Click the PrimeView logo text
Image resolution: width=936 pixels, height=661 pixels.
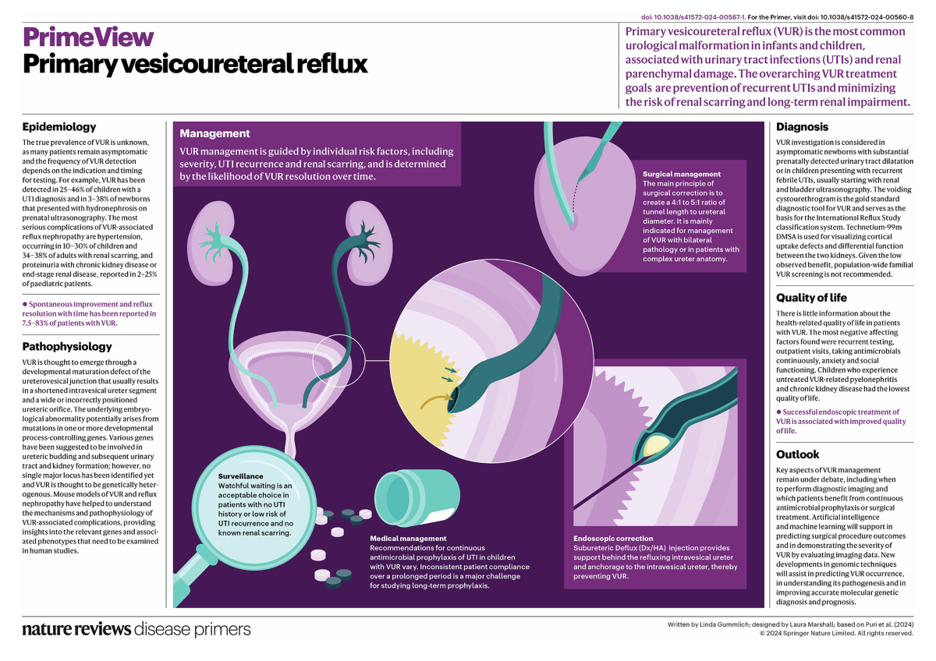tap(88, 37)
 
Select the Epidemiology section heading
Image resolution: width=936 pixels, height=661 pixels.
tap(59, 127)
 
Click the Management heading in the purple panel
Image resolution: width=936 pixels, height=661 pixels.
tap(214, 133)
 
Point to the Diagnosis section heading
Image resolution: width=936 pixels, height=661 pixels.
tap(802, 127)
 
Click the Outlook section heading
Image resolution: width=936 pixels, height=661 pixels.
tap(798, 454)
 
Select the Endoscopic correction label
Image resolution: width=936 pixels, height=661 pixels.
tap(613, 538)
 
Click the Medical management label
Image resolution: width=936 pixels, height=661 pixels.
tap(407, 538)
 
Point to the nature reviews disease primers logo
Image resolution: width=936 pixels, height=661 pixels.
tap(136, 629)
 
